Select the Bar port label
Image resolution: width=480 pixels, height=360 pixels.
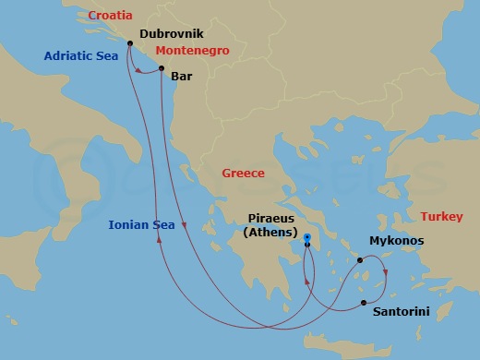(x=181, y=78)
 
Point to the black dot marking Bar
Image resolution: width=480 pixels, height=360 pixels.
(x=162, y=69)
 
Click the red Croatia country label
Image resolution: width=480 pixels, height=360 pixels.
(x=110, y=16)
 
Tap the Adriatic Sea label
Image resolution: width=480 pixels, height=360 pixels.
(x=82, y=56)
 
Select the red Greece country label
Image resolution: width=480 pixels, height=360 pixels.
(x=243, y=173)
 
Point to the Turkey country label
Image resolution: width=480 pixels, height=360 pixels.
(x=442, y=216)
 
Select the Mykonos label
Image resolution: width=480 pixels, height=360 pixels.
(x=396, y=240)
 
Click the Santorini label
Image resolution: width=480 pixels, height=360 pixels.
(x=401, y=312)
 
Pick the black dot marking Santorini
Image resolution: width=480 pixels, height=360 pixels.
(x=364, y=303)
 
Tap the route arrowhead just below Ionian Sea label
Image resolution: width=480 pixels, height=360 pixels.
(x=161, y=240)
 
